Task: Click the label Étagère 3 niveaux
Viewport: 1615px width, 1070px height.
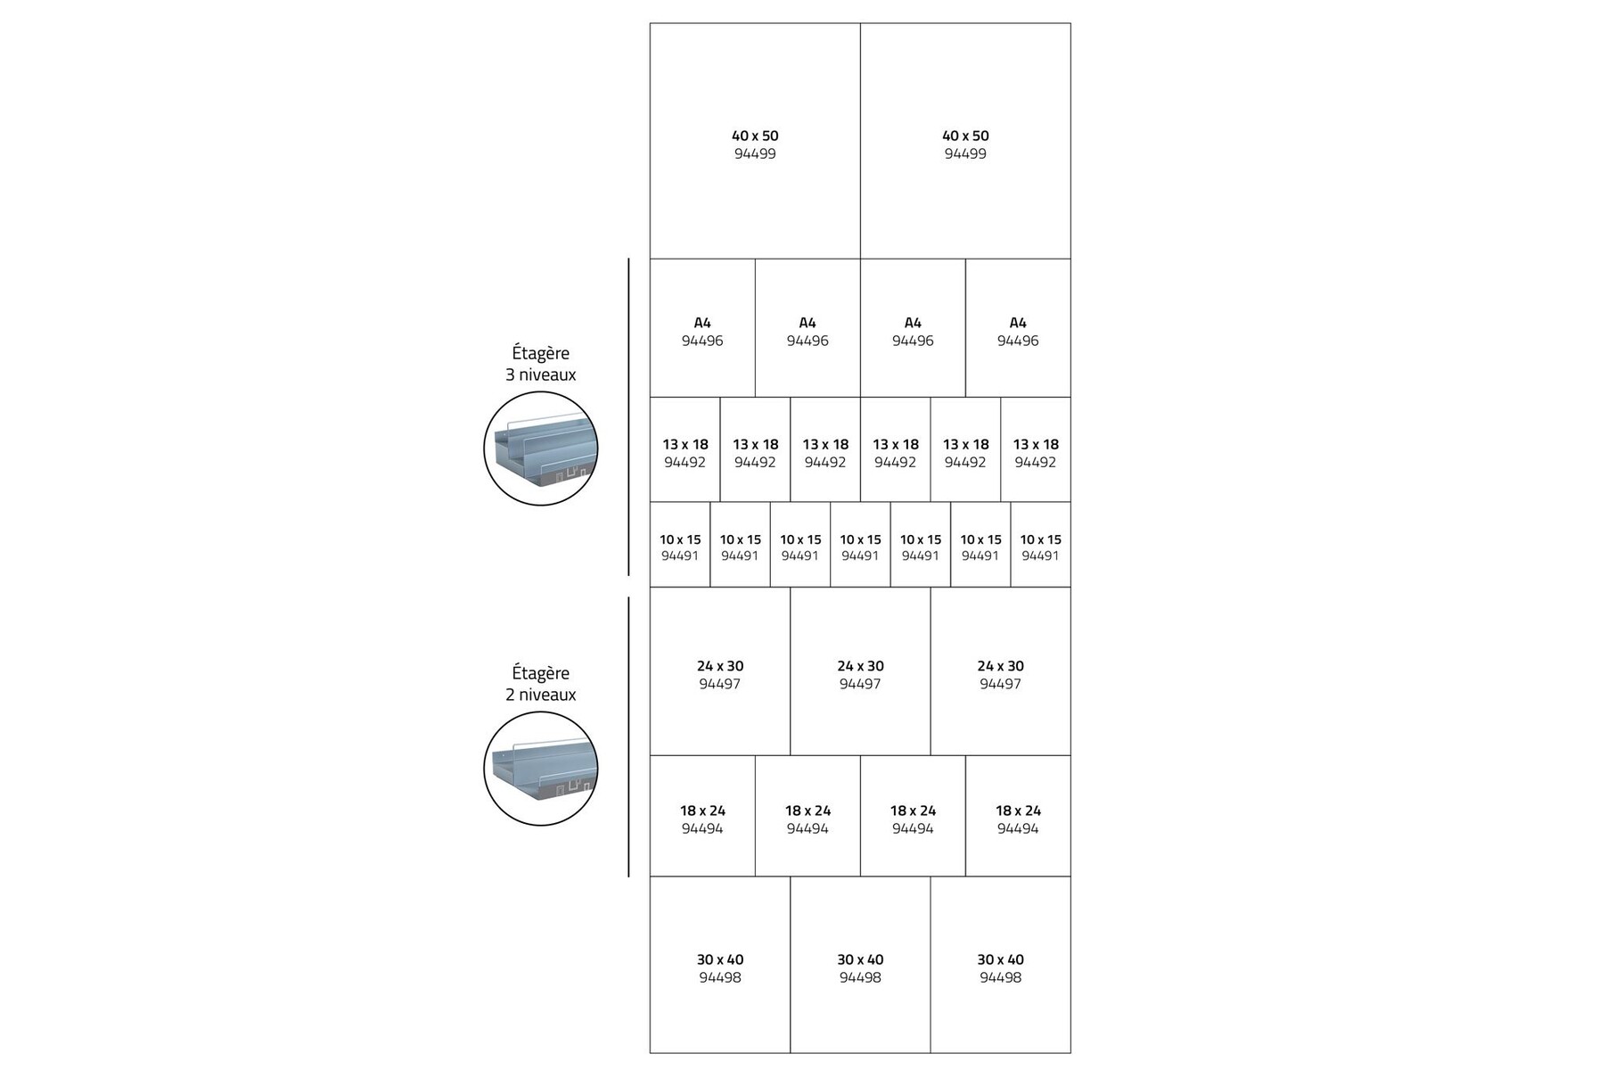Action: pyautogui.click(x=540, y=364)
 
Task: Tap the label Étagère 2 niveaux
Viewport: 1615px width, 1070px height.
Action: pyautogui.click(x=540, y=684)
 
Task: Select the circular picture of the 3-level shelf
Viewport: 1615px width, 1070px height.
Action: pyautogui.click(x=540, y=449)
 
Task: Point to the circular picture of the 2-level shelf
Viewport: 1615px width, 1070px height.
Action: pyautogui.click(x=540, y=769)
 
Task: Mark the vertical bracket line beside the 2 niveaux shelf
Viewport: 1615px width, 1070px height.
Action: pyautogui.click(x=628, y=737)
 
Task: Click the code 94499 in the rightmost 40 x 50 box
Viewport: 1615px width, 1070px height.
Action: pyautogui.click(x=965, y=154)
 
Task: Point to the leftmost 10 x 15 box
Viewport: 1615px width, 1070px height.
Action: pyautogui.click(x=680, y=545)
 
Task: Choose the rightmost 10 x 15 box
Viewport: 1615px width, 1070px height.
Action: pyautogui.click(x=1040, y=545)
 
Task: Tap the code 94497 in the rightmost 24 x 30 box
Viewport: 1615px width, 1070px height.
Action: pyautogui.click(x=1000, y=685)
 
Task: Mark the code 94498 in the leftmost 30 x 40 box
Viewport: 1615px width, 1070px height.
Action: pyautogui.click(x=720, y=978)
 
